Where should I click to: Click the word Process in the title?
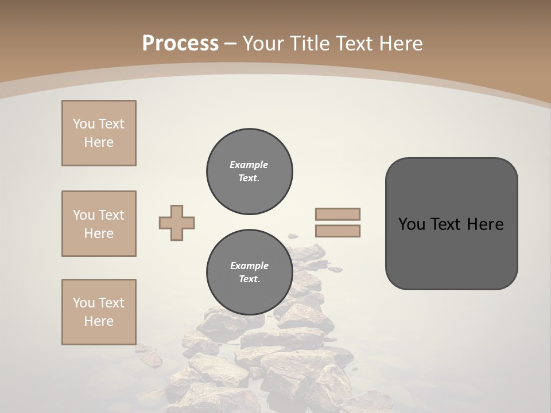(x=180, y=44)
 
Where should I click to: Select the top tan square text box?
(x=99, y=133)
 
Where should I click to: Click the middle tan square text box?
(x=99, y=224)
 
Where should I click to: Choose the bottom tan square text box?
(x=99, y=312)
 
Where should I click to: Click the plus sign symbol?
(x=177, y=223)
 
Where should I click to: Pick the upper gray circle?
(x=249, y=172)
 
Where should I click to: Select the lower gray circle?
(x=249, y=272)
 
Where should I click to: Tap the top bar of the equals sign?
(x=337, y=214)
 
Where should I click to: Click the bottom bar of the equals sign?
(x=337, y=231)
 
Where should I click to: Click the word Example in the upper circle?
(x=249, y=165)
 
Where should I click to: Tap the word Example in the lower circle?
(x=249, y=266)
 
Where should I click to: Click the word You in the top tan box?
(x=84, y=124)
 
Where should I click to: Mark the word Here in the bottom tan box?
(x=99, y=321)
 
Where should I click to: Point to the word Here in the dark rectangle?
(x=485, y=224)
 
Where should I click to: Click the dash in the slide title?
(x=231, y=44)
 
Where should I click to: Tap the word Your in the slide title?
(x=263, y=44)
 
